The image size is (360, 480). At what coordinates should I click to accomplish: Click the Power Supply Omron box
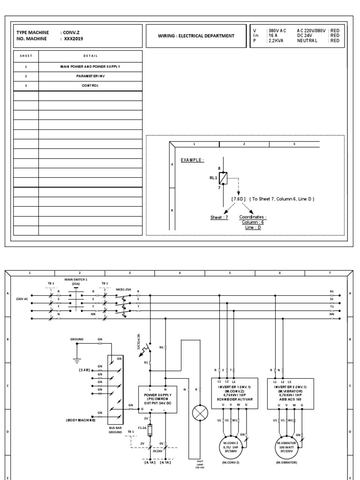coord(157,399)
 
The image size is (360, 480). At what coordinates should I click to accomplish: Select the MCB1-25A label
coord(123,290)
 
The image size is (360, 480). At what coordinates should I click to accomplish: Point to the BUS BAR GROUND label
coord(115,431)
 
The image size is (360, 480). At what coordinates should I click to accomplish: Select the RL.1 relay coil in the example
coord(223,178)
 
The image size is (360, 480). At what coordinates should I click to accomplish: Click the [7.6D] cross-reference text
coord(239,199)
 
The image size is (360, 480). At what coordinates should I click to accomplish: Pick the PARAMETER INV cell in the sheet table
coord(90,76)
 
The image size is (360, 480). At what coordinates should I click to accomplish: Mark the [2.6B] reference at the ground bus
coord(85,370)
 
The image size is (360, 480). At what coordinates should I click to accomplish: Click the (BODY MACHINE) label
coord(81,420)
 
